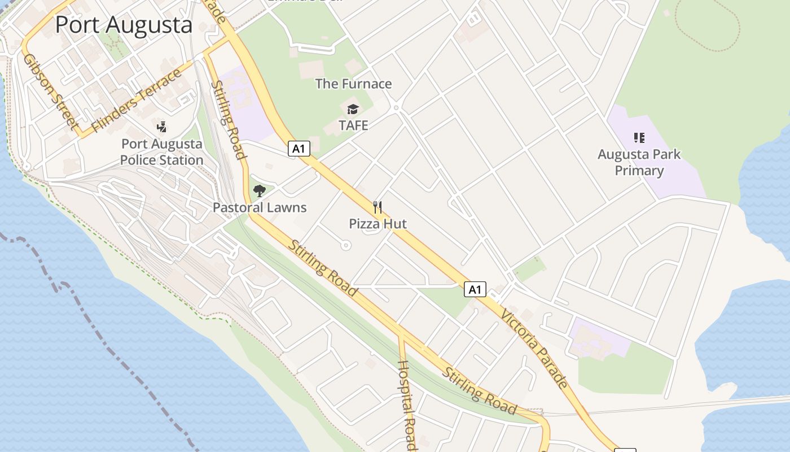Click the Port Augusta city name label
[x=124, y=25]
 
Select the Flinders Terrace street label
[x=137, y=101]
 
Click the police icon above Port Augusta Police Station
[x=162, y=127]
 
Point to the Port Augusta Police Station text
[x=161, y=152]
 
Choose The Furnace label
[x=353, y=84]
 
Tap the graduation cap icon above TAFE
[x=353, y=109]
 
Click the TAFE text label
[x=353, y=125]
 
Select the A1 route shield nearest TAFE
[x=299, y=149]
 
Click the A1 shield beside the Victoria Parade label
[x=475, y=290]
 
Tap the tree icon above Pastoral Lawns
[x=259, y=191]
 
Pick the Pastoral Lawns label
[x=260, y=207]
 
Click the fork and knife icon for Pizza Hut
[x=378, y=207]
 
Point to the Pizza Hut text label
[x=378, y=224]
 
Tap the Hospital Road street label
[x=407, y=404]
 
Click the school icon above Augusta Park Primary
[x=639, y=137]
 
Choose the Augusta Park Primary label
[x=639, y=162]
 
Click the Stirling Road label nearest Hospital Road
[x=479, y=391]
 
